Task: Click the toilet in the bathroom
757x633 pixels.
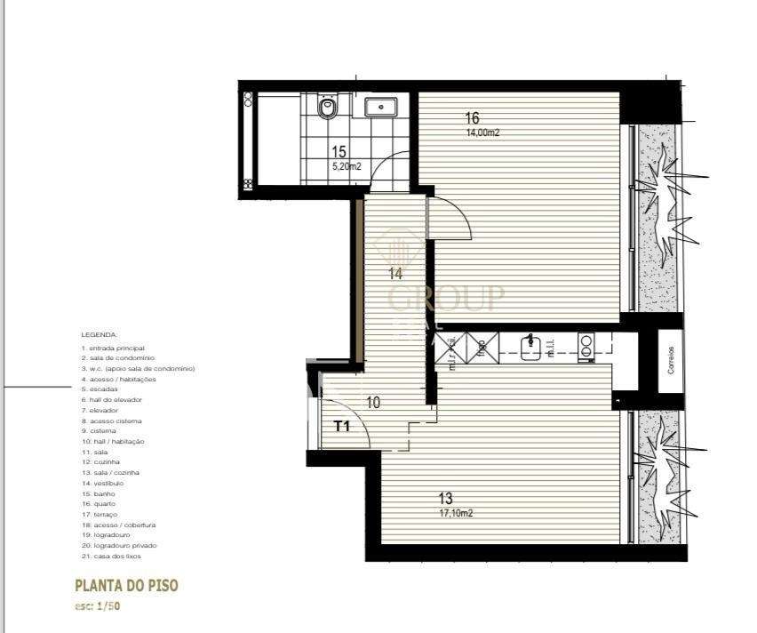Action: (x=328, y=108)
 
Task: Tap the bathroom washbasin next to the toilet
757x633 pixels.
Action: (x=380, y=107)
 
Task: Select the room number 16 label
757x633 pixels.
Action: (x=472, y=118)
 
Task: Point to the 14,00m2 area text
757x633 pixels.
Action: (x=482, y=132)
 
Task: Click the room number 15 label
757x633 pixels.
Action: (x=339, y=152)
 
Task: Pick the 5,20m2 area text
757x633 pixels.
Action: (x=346, y=166)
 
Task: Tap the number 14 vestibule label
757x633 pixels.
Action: (x=395, y=274)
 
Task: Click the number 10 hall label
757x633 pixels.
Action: (x=373, y=403)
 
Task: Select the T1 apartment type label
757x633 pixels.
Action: (x=342, y=426)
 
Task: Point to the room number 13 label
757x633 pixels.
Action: (x=445, y=499)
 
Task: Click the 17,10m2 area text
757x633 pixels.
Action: (x=455, y=513)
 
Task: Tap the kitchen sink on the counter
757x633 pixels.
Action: (x=530, y=344)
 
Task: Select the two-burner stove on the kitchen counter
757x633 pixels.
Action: (x=586, y=345)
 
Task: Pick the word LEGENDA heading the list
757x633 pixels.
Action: (x=99, y=335)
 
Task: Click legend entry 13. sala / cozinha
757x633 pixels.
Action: (x=110, y=473)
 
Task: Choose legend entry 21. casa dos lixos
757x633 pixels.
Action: (x=111, y=557)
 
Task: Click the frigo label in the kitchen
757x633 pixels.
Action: (x=481, y=345)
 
